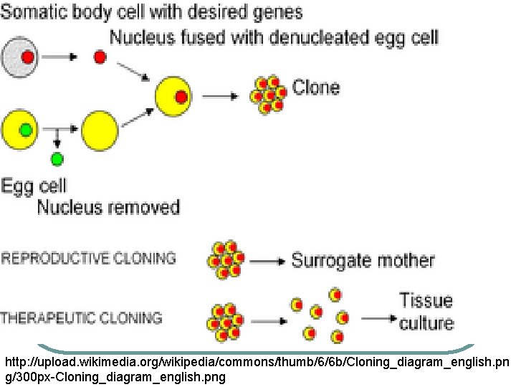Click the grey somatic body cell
coord(21,57)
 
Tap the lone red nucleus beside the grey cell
coord(100,57)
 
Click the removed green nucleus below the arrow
coord(57,158)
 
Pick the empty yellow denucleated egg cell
coord(100,130)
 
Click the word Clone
coord(316,88)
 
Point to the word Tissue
coord(426,299)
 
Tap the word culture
coord(426,322)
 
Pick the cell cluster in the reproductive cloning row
coord(226,259)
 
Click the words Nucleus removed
coord(107,208)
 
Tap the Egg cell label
coord(34,186)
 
